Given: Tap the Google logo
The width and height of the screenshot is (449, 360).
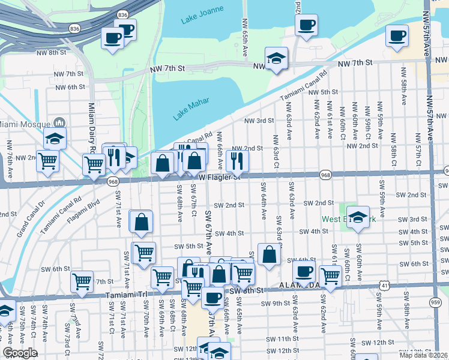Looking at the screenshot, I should point(19,353).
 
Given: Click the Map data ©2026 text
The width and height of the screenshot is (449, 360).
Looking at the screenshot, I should point(423,355).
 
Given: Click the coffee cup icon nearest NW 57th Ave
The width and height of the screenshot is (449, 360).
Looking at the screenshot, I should point(397,35).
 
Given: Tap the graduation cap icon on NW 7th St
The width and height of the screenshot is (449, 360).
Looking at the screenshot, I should point(276,58).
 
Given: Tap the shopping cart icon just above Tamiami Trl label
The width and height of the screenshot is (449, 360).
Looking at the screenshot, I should point(82,280).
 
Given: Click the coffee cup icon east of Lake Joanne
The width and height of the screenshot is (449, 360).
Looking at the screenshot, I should point(306,25).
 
